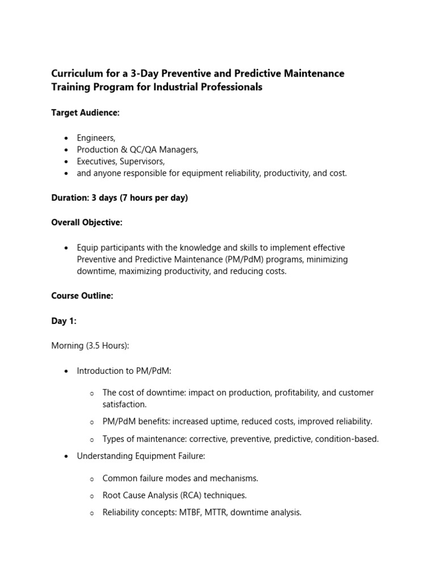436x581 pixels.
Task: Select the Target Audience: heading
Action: click(x=85, y=113)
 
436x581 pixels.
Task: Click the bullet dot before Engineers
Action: click(x=66, y=138)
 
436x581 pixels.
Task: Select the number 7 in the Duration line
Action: click(x=123, y=198)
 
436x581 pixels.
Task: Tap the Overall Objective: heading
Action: click(x=86, y=222)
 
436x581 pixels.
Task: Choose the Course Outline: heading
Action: click(x=82, y=296)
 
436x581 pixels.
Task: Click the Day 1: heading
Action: click(x=64, y=321)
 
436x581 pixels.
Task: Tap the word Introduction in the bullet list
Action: click(x=100, y=371)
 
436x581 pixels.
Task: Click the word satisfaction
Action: click(x=124, y=405)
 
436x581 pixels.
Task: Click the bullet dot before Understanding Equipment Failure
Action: click(x=66, y=456)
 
